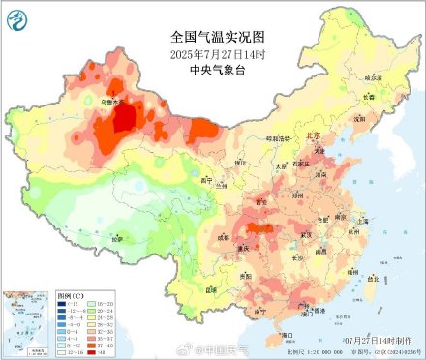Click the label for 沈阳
click(359, 118)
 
